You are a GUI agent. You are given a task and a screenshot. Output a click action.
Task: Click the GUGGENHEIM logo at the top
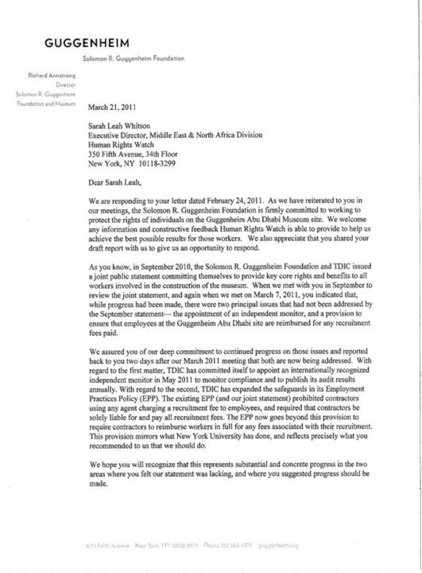point(87,43)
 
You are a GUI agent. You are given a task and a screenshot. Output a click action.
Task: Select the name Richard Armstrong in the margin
point(52,75)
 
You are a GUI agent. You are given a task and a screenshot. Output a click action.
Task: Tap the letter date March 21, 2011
point(112,107)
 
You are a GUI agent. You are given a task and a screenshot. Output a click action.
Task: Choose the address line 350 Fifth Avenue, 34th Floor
point(133,154)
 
